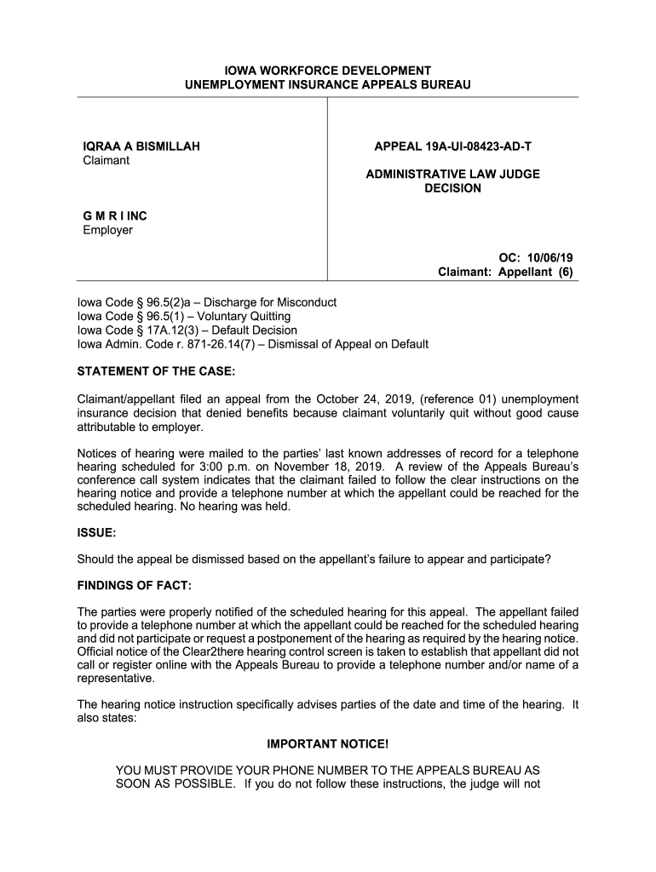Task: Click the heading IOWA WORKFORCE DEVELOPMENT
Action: coord(327,70)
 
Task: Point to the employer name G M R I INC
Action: coord(115,216)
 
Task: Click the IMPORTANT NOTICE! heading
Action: coord(327,743)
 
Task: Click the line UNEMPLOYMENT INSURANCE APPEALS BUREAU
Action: coord(327,85)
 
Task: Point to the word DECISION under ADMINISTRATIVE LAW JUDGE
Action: coord(452,188)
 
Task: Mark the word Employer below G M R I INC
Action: coord(107,230)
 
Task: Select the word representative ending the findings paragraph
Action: coord(116,679)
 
